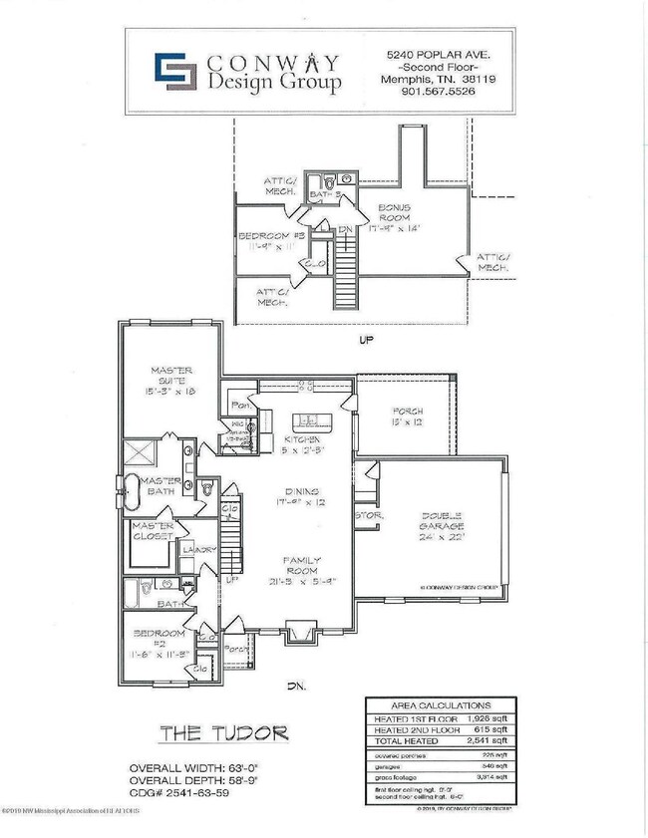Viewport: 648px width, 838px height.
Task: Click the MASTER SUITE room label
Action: coord(170,382)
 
